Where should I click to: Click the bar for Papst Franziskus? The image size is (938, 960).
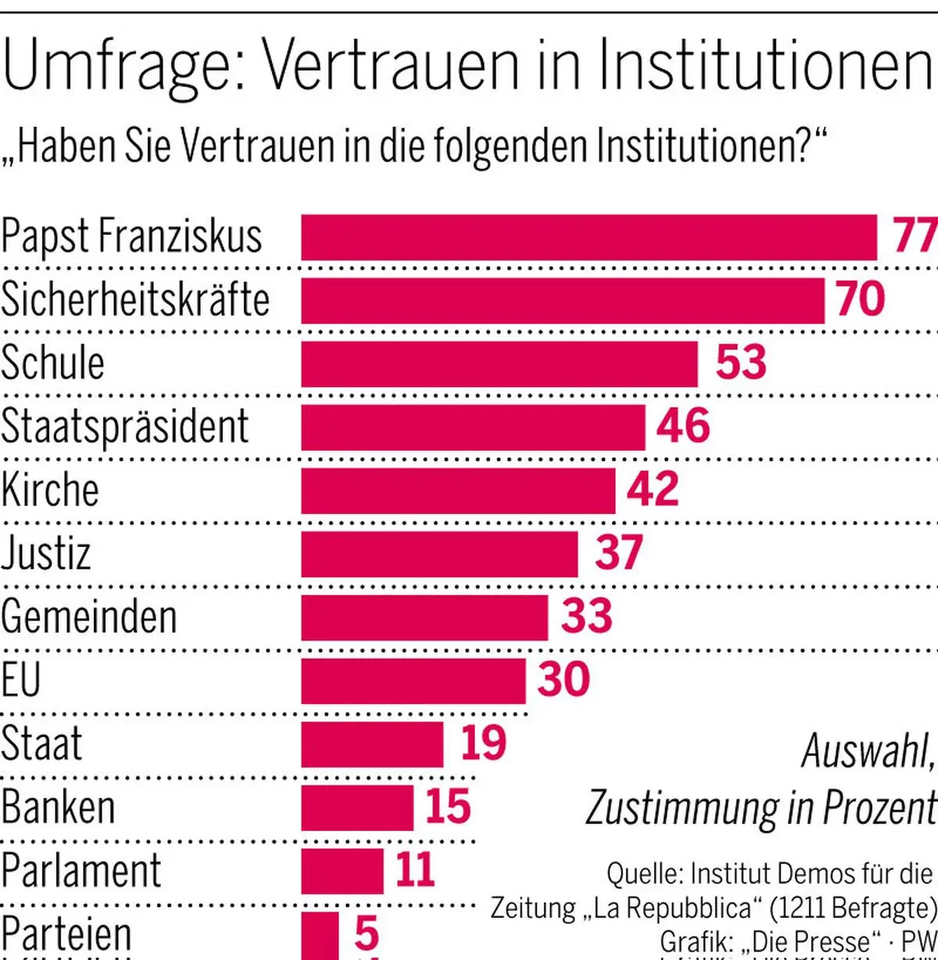pyautogui.click(x=589, y=237)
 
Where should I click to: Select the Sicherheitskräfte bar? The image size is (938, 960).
pyautogui.click(x=563, y=300)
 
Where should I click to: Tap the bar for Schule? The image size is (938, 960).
pyautogui.click(x=499, y=364)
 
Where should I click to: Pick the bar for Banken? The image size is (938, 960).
pyautogui.click(x=357, y=807)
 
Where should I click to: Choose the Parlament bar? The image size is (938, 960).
pyautogui.click(x=342, y=871)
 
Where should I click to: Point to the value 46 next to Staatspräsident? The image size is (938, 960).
pyautogui.click(x=683, y=426)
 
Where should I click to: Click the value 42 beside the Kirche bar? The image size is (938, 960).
pyautogui.click(x=653, y=490)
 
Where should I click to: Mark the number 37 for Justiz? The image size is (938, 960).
pyautogui.click(x=619, y=553)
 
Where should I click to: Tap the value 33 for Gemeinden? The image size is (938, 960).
pyautogui.click(x=587, y=617)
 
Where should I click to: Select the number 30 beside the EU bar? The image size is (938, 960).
pyautogui.click(x=564, y=679)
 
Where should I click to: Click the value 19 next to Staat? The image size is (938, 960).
pyautogui.click(x=484, y=743)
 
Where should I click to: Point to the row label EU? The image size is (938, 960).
pyautogui.click(x=20, y=679)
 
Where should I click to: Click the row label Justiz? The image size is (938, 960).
pyautogui.click(x=46, y=553)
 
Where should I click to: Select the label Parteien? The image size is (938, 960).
pyautogui.click(x=66, y=933)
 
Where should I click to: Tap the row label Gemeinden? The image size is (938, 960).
pyautogui.click(x=89, y=617)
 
